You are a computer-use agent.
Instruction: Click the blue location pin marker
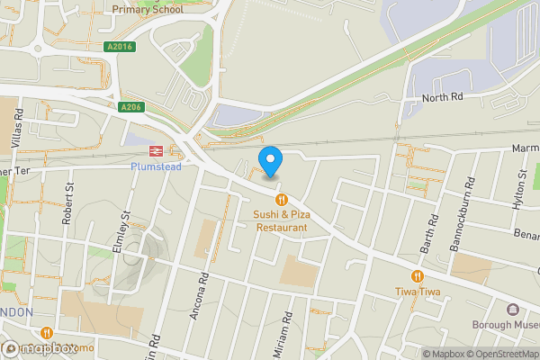[x=270, y=161]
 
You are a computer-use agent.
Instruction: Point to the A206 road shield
[x=131, y=106]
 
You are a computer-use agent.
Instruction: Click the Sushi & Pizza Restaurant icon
[x=281, y=199]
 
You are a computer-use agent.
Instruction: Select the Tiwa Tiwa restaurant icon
[x=417, y=276]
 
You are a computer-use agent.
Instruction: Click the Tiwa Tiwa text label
[x=417, y=292]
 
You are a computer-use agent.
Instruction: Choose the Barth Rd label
[x=433, y=230]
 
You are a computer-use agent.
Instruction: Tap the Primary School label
[x=148, y=10]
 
